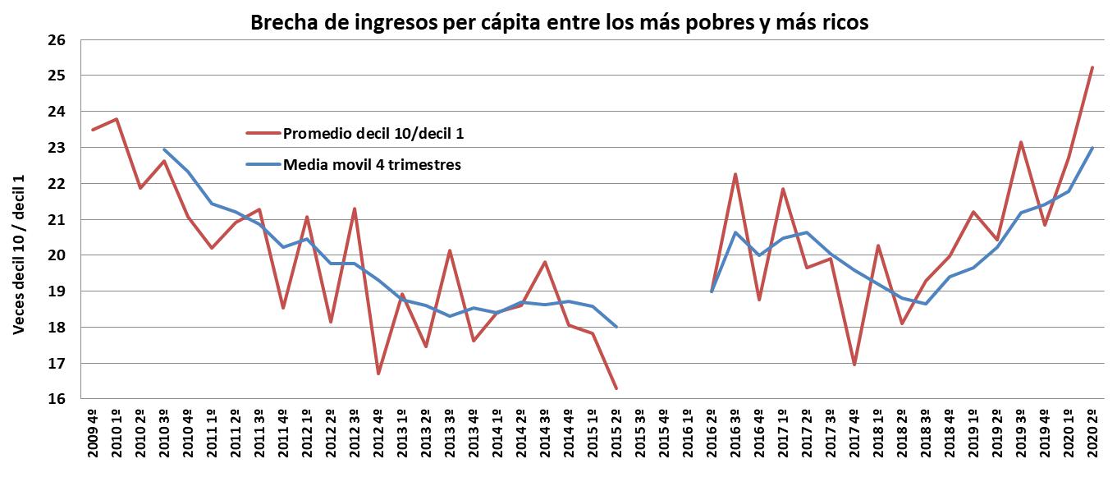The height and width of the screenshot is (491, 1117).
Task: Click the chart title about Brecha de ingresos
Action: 558,24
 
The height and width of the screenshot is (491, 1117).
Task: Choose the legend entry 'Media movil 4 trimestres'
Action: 372,165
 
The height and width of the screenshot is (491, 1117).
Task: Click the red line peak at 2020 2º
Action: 1091,67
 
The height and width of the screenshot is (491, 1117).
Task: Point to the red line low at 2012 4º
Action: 378,374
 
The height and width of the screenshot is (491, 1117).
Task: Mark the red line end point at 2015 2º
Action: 616,388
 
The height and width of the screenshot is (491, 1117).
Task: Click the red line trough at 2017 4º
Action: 854,365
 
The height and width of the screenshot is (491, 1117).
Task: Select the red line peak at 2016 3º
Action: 735,174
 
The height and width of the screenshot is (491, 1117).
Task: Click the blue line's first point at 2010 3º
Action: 164,149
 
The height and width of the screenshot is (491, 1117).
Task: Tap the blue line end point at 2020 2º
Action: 1091,148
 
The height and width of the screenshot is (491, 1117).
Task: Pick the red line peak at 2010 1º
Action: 117,119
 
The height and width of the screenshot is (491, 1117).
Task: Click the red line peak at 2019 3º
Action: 1020,142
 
